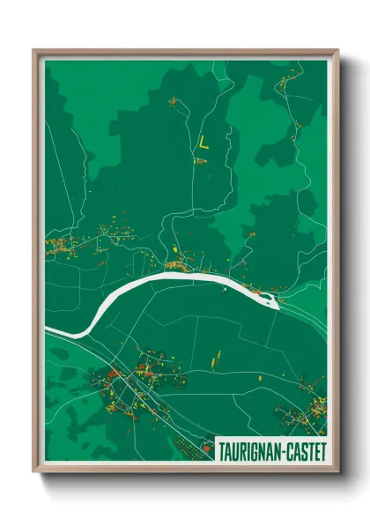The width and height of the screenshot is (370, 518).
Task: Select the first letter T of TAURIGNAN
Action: point(222,449)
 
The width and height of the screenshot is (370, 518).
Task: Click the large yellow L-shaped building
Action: point(203,143)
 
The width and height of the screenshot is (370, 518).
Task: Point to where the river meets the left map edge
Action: point(48,330)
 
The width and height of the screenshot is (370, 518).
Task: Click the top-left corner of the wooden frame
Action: point(34,50)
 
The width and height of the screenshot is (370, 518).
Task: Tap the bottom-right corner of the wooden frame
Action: point(338,473)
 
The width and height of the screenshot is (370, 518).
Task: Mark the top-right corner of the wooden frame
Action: point(338,50)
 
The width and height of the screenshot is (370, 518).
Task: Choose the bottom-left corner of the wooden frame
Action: point(34,473)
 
